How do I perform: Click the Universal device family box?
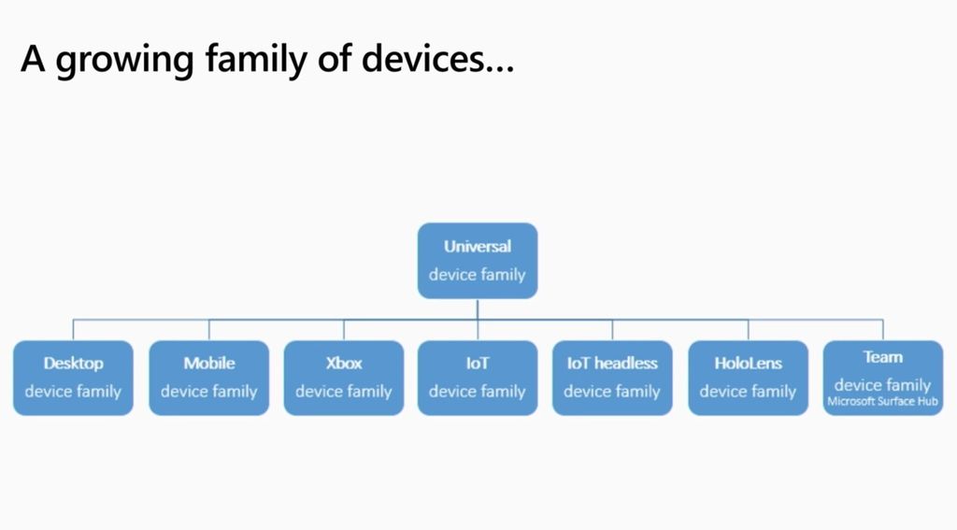[478, 261]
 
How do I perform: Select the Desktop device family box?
[73, 378]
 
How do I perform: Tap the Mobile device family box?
[208, 378]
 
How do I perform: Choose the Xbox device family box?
[344, 378]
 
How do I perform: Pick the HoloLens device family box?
[748, 378]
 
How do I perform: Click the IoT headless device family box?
[612, 378]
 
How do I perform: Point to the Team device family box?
[882, 378]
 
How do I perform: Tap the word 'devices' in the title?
[423, 59]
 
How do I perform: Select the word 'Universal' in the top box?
[478, 247]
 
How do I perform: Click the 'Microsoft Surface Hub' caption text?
[882, 403]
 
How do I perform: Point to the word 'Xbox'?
[344, 364]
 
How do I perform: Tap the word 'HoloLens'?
[748, 364]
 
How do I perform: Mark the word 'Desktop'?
[73, 364]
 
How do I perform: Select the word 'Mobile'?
[208, 364]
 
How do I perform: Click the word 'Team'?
[882, 357]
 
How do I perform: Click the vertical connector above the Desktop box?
[74, 330]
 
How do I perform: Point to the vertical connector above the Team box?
[882, 330]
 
